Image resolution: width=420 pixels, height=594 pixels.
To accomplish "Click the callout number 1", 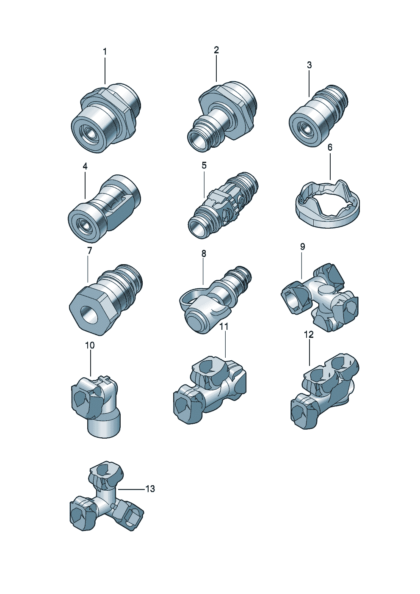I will pyautogui.click(x=105, y=52).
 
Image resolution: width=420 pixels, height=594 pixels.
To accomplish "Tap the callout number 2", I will pyautogui.click(x=216, y=50).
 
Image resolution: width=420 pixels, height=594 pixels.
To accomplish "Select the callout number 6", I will pyautogui.click(x=330, y=147).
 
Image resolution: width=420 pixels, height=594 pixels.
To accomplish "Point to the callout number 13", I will pyautogui.click(x=150, y=489).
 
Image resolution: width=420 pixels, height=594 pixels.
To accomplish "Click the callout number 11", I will pyautogui.click(x=224, y=326).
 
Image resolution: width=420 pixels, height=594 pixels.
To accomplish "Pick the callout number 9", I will pyautogui.click(x=302, y=247).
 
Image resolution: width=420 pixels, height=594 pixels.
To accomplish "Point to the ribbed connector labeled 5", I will pyautogui.click(x=222, y=203).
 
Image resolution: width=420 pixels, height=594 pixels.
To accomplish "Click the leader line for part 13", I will pyautogui.click(x=131, y=489).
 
